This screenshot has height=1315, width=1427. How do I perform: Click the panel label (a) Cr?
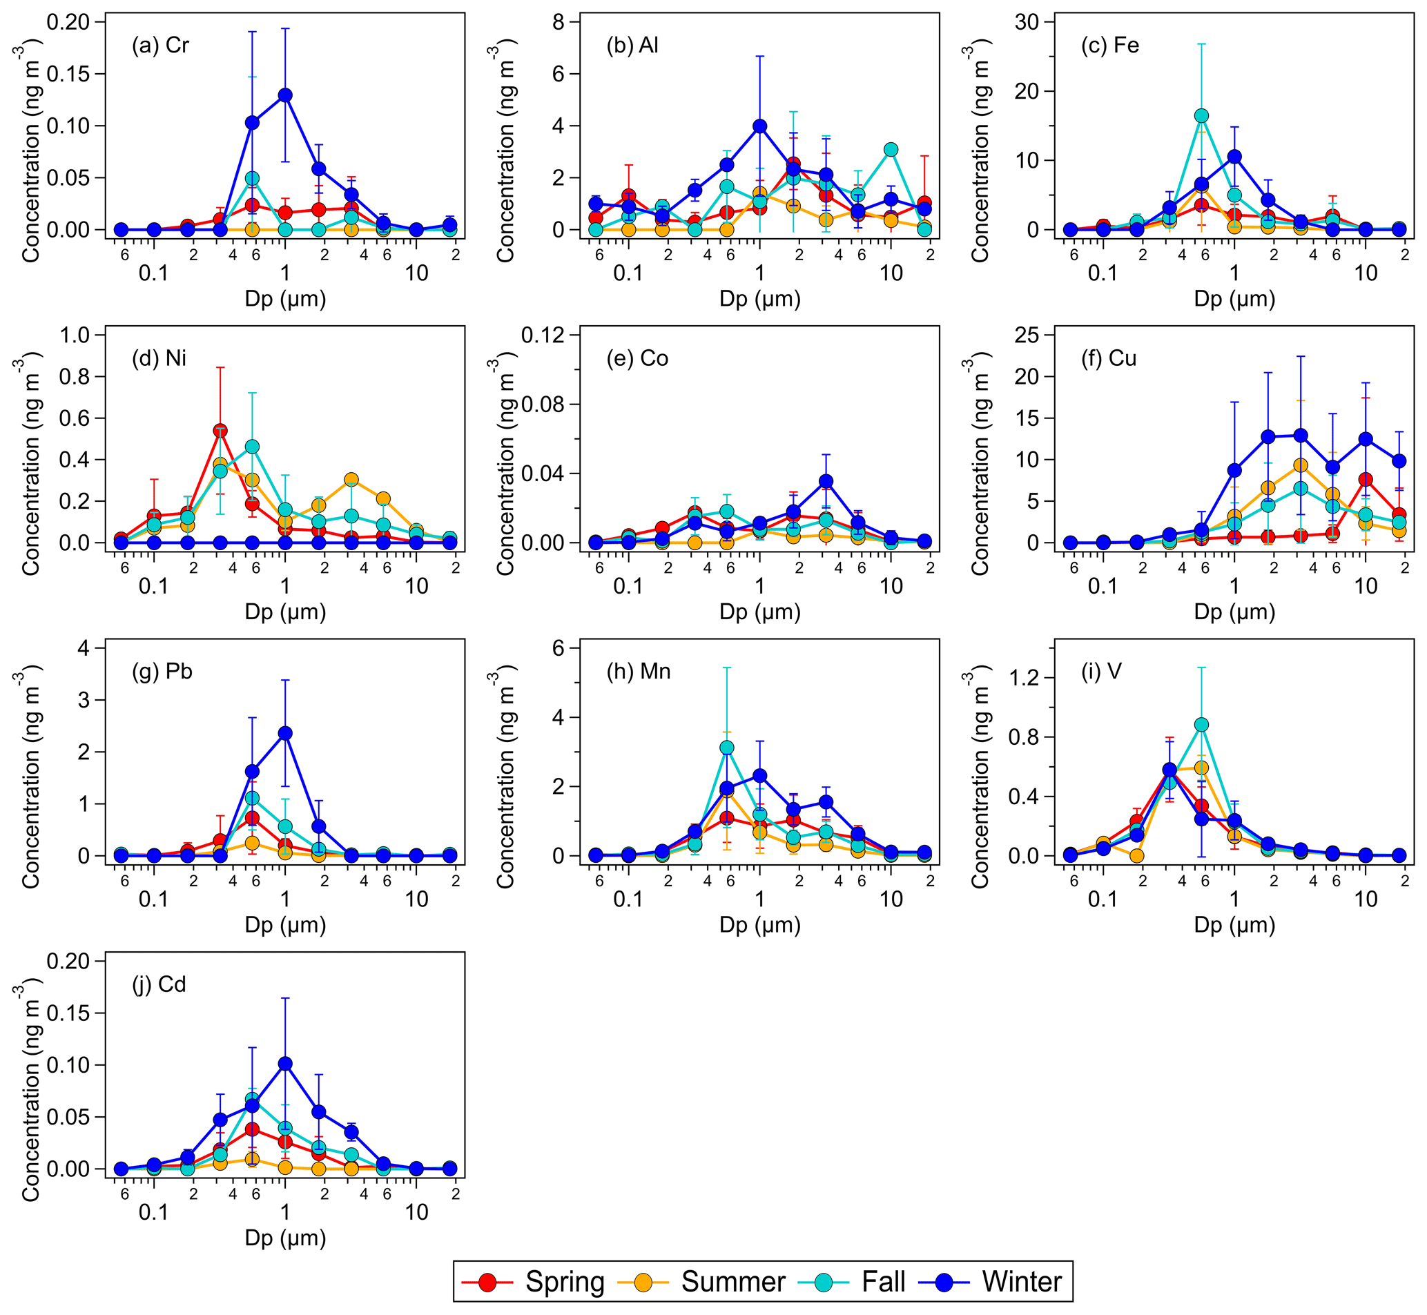(160, 46)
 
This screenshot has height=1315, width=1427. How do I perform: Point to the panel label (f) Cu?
(1109, 358)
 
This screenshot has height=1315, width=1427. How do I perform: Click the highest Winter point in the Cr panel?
(285, 95)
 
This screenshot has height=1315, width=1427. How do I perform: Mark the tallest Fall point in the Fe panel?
(1201, 116)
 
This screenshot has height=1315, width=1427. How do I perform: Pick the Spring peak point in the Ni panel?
(220, 431)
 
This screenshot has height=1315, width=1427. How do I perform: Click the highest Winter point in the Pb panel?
(285, 733)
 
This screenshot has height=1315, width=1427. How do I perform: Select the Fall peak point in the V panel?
(1201, 725)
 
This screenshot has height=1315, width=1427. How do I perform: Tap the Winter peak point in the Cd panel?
(285, 1064)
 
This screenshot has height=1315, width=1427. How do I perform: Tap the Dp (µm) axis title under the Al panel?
(759, 300)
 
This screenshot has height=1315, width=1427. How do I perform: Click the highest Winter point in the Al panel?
(760, 126)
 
